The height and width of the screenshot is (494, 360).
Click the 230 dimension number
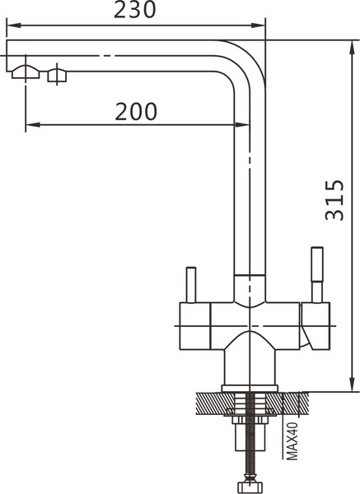[134, 10]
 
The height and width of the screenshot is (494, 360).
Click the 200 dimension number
[136, 111]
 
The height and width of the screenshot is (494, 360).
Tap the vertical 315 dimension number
[334, 200]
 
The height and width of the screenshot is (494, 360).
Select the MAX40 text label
[292, 441]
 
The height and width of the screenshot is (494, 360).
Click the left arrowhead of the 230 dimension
[13, 26]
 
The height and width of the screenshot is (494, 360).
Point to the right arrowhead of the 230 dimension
[259, 26]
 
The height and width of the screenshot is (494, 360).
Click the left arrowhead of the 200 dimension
[32, 125]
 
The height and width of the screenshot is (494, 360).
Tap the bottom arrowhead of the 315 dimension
[352, 384]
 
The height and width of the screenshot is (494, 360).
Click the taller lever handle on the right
[317, 275]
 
